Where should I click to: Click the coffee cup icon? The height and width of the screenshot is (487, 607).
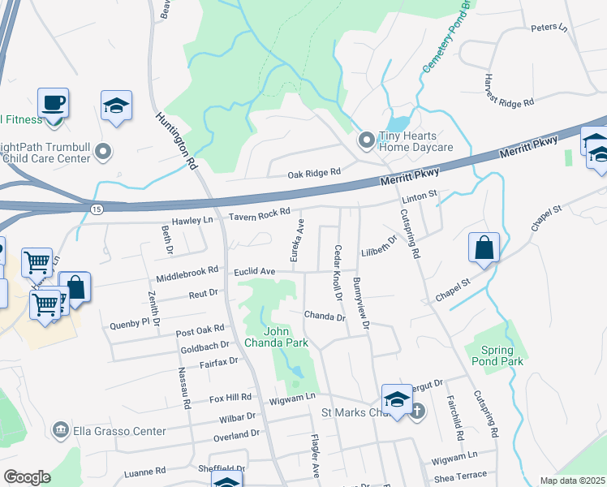(54, 104)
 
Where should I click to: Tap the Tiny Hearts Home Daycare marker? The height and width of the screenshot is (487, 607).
(366, 141)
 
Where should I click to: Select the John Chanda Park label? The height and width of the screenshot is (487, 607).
(286, 337)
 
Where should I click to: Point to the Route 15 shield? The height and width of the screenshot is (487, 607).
(97, 209)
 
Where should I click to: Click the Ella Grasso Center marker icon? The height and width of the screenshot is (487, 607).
(59, 429)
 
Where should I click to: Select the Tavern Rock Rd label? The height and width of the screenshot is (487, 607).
(259, 213)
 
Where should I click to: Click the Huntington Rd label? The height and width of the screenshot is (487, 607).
(177, 140)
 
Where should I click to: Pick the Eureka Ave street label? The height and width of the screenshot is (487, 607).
(299, 235)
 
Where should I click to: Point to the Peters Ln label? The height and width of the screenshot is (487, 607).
(549, 28)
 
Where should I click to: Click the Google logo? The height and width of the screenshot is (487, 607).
(27, 477)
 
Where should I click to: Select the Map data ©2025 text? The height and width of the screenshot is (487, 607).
(572, 481)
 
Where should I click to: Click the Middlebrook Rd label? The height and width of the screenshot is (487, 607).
(191, 269)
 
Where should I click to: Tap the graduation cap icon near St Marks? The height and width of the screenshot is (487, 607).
(396, 399)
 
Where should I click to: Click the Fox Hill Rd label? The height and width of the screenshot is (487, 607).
(231, 399)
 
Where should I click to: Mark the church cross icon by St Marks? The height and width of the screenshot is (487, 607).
(416, 410)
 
